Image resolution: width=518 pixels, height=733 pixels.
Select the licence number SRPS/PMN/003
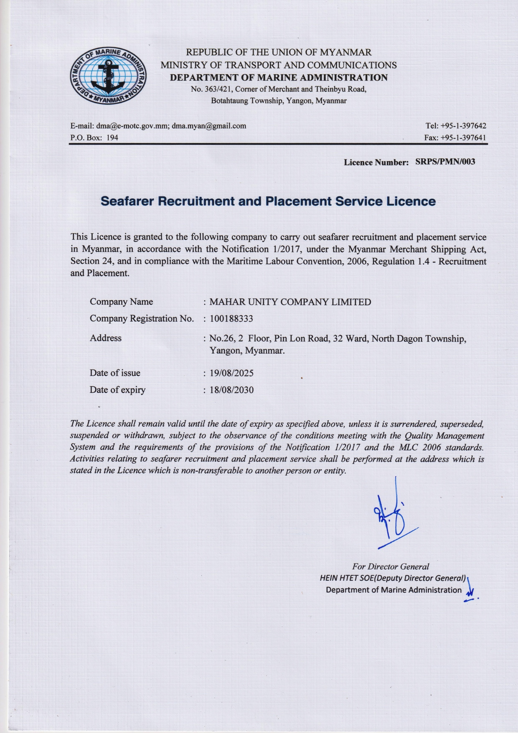pyautogui.click(x=445, y=162)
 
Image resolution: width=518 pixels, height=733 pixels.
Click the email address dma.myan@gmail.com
pyautogui.click(x=209, y=126)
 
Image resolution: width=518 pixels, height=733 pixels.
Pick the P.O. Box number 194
pyautogui.click(x=112, y=138)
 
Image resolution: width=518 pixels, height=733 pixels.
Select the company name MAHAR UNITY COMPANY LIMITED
pyautogui.click(x=290, y=302)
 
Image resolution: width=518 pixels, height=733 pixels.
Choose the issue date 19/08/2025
pyautogui.click(x=231, y=373)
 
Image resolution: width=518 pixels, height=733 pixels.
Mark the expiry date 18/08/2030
pyautogui.click(x=231, y=390)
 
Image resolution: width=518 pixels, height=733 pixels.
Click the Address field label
pyautogui.click(x=106, y=338)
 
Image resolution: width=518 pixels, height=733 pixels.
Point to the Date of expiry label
pyautogui.click(x=117, y=390)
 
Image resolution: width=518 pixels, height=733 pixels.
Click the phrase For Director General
pyautogui.click(x=390, y=567)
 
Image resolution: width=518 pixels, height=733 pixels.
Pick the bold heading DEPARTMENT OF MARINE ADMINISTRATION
pyautogui.click(x=279, y=77)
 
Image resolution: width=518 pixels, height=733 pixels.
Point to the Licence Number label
pyautogui.click(x=376, y=162)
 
